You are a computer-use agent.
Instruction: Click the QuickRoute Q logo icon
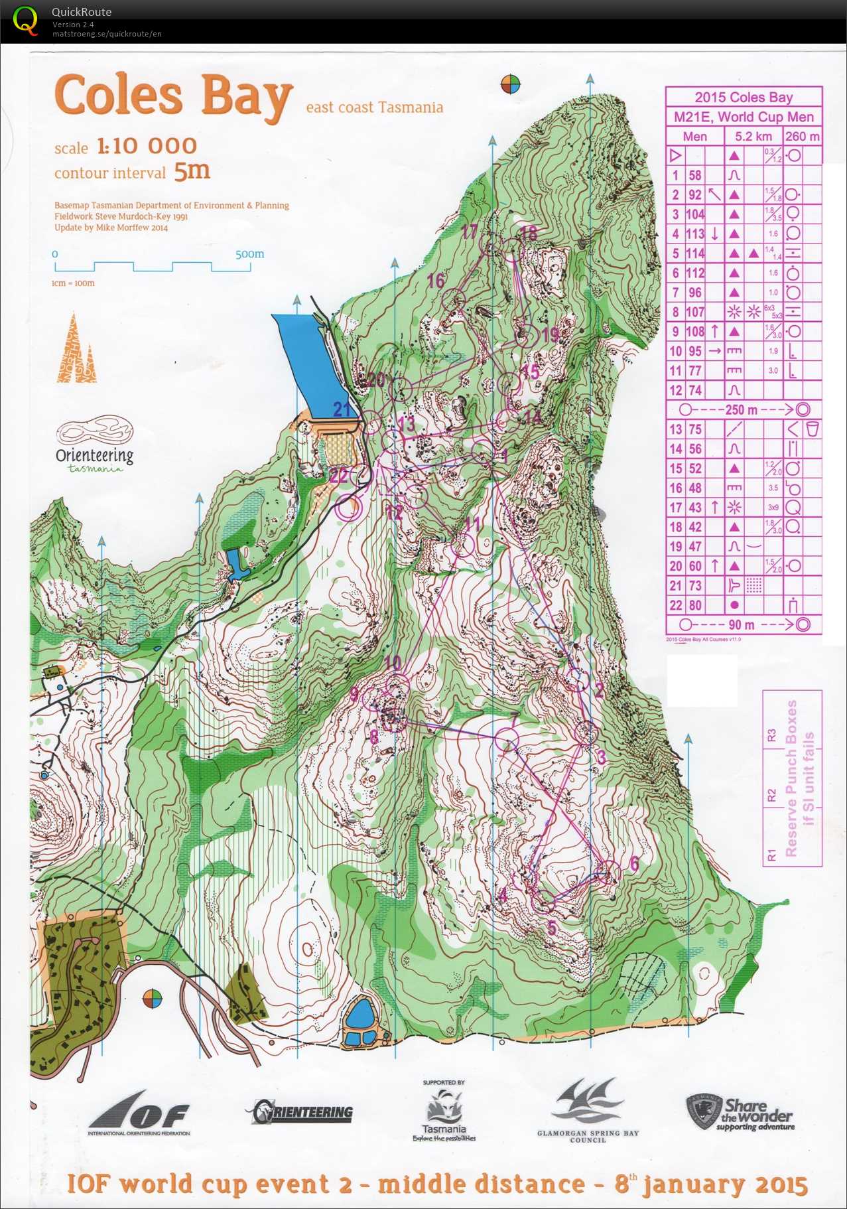pos(25,20)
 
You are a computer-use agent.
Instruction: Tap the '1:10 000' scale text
pos(147,145)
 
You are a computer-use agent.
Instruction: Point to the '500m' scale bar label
pos(249,254)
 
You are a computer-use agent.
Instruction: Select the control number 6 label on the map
pos(634,863)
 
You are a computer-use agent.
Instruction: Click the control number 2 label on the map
pos(599,690)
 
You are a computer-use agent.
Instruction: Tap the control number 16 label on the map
pos(436,280)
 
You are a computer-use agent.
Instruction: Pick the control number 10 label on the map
pos(393,662)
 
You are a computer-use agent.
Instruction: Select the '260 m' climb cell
pos(802,137)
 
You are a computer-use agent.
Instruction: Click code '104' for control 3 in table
pos(694,214)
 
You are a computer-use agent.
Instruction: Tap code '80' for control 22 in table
pos(694,605)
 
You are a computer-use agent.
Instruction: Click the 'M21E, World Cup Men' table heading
pos(744,117)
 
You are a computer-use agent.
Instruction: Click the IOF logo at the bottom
pos(139,1115)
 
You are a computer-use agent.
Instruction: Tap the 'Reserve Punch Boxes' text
pos(791,777)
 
